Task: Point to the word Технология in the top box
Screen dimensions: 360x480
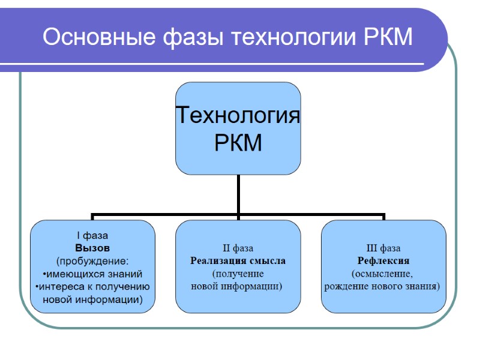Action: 238,114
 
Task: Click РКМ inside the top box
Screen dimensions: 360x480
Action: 238,143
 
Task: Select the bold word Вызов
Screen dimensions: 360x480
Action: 92,248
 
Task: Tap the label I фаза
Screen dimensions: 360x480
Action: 92,236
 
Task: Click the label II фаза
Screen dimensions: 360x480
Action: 238,248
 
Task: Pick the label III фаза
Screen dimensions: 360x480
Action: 383,248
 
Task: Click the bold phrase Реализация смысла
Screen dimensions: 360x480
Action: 238,261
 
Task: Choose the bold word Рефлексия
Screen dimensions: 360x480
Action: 383,261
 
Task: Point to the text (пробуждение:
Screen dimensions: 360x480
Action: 92,261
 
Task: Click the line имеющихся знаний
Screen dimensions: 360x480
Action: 93,274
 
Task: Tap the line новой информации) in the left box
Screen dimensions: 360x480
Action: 92,299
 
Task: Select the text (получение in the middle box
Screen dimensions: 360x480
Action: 238,274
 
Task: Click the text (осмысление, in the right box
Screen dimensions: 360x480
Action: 383,274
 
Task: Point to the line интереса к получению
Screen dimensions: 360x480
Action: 93,286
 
